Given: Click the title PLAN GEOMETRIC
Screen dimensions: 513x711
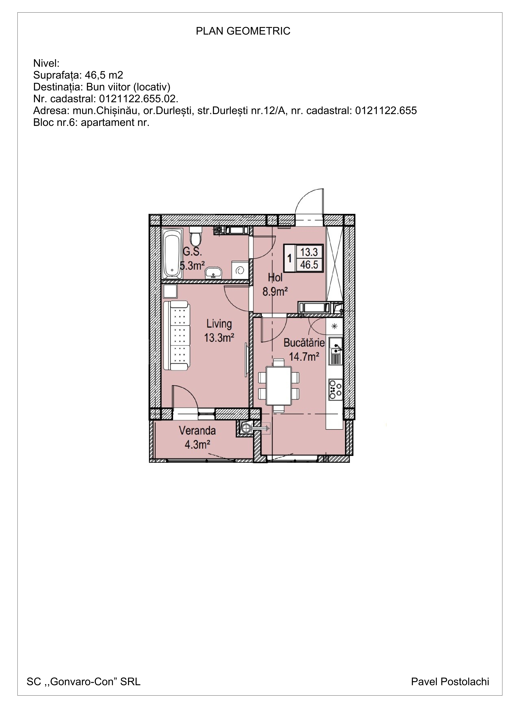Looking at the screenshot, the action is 243,31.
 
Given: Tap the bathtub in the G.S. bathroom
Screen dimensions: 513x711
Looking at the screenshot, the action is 172,253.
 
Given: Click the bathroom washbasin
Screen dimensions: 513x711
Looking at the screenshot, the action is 213,273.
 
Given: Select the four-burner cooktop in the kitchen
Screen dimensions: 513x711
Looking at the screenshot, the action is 335,390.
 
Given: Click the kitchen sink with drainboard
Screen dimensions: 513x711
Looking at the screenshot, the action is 336,351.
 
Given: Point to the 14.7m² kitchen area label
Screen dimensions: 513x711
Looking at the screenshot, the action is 304,356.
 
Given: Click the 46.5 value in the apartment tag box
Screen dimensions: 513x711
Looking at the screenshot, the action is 309,265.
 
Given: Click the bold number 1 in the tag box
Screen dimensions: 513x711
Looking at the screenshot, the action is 289,259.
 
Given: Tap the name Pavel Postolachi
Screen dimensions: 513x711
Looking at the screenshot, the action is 450,681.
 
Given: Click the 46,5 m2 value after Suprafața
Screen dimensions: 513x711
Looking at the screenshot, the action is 104,75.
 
